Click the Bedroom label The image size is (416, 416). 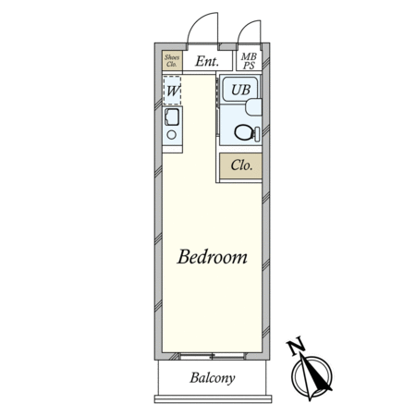pos(212,257)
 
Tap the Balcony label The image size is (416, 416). pos(213,378)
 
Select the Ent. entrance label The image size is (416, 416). pos(207,61)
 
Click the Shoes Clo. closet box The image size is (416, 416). pos(172,60)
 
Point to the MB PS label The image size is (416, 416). pos(249,61)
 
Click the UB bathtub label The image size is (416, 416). pos(240,90)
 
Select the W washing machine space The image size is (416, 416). pos(172,91)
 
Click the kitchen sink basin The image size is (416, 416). pos(172,117)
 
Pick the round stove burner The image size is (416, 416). pos(172,135)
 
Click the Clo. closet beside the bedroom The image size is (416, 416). pos(240,165)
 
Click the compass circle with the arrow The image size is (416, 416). pos(312,376)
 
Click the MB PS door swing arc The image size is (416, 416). pos(246,27)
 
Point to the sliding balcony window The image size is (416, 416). pos(213,357)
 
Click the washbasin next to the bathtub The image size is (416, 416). pos(253,107)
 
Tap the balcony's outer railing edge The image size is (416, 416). pos(213,399)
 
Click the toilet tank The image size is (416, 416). pos(257,134)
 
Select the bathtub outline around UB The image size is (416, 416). pos(240,89)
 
